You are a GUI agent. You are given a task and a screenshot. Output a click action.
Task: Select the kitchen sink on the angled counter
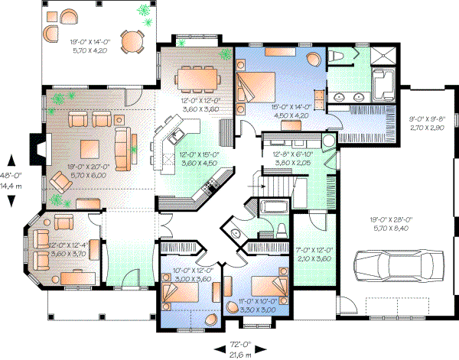click(x=175, y=137)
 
